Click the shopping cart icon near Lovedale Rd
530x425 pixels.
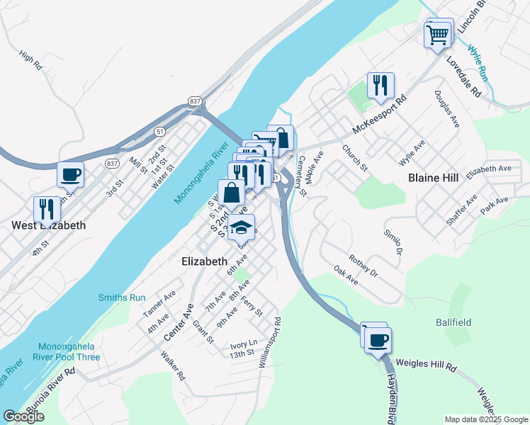pyautogui.click(x=439, y=33)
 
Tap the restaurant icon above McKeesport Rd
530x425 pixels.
pyautogui.click(x=380, y=86)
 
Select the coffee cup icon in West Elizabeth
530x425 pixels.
pyautogui.click(x=70, y=174)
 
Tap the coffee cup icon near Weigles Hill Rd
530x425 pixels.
pyautogui.click(x=377, y=339)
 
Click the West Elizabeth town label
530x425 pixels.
pyautogui.click(x=48, y=226)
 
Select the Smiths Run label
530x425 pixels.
pyautogui.click(x=122, y=297)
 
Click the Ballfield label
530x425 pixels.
pyautogui.click(x=453, y=322)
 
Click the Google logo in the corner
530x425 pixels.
pyautogui.click(x=23, y=416)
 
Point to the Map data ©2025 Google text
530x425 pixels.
pyautogui.click(x=485, y=419)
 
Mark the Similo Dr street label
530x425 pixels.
pyautogui.click(x=393, y=242)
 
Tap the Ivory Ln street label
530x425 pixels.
pyautogui.click(x=241, y=346)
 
